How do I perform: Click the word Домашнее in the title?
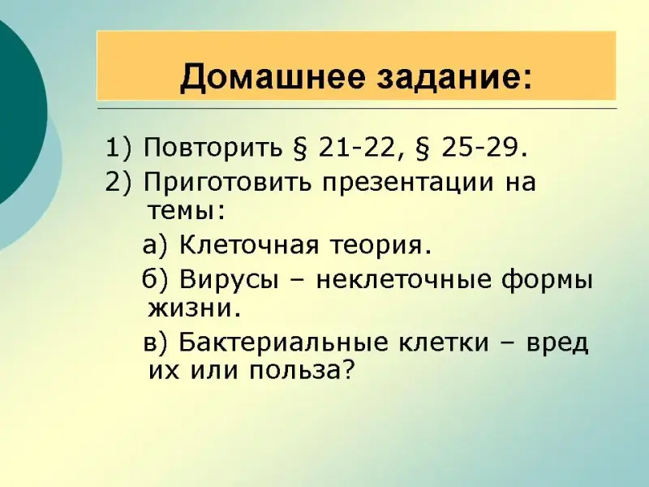272,77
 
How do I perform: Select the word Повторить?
213,148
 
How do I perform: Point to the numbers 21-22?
355,148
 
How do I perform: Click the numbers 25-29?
479,148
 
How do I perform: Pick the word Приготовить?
227,182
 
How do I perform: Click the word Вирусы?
229,280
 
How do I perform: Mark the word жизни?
190,309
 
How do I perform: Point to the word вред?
557,343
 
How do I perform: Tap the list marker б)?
156,279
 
